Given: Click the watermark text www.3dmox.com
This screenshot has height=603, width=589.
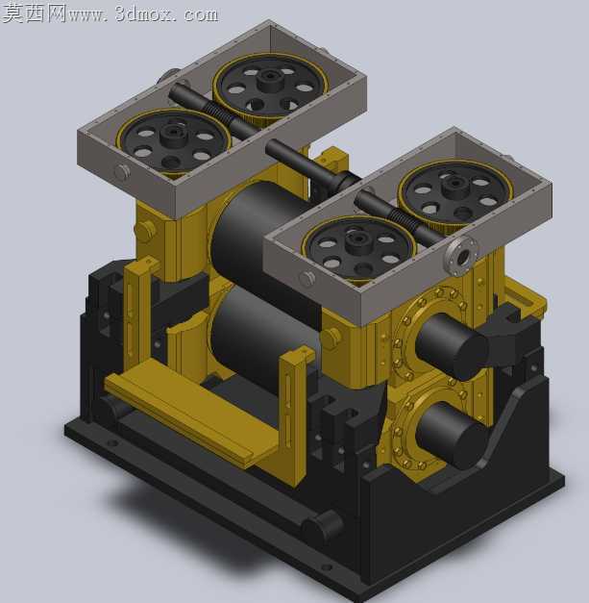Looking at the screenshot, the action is point(143,14).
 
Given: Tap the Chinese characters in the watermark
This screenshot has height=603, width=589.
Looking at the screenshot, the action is point(34,13).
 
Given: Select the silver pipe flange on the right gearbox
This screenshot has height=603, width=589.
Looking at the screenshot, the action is point(461,256).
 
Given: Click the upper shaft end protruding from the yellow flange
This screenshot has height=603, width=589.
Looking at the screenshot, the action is point(452,346).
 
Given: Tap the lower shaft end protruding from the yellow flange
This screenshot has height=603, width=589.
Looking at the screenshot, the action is point(451,436).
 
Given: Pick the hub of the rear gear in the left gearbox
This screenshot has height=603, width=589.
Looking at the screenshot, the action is point(270,79).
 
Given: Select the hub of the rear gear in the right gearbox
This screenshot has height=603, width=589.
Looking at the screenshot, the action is point(455,186).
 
